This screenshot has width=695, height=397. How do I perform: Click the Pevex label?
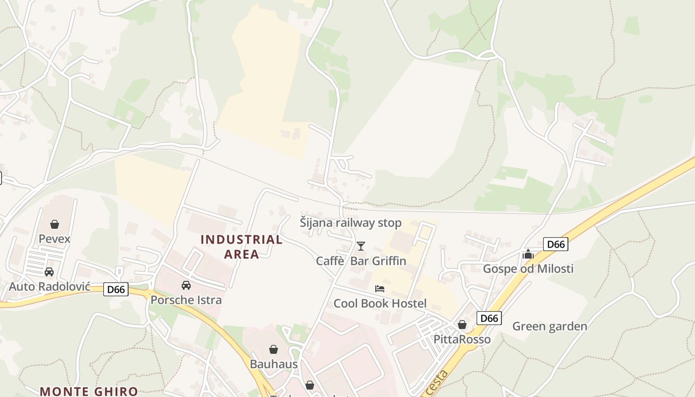point(55,239)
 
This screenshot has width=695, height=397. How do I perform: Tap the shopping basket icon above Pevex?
point(55,224)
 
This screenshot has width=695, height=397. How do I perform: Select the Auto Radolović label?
point(50,286)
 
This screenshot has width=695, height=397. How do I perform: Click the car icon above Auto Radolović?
point(49,272)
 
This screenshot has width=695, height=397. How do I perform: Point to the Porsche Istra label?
point(186,300)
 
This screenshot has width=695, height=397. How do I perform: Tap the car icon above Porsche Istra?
point(186,285)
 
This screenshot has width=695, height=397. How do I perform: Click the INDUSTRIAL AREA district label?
point(242,247)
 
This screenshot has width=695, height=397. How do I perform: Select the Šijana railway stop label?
point(350,223)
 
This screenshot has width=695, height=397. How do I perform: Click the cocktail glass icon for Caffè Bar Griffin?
point(361,246)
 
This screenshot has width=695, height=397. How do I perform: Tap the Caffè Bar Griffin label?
point(361,261)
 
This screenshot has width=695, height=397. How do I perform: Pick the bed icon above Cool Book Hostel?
point(380,289)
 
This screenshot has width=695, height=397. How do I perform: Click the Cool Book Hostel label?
point(380,303)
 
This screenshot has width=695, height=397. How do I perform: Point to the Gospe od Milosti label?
point(528,268)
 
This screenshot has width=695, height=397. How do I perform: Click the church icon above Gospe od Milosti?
point(528,255)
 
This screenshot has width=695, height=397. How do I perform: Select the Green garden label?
point(550,326)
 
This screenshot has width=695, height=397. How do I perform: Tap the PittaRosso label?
point(462,339)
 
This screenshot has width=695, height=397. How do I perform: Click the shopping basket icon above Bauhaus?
point(274,349)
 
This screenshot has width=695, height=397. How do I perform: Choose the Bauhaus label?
point(274,364)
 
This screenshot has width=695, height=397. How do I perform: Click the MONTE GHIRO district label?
point(89,391)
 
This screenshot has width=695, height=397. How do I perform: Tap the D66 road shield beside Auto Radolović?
point(116,289)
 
